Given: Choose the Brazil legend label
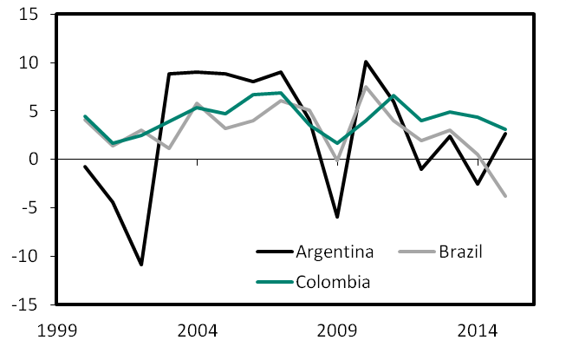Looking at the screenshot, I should (x=457, y=252).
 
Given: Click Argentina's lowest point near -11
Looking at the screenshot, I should (x=141, y=265).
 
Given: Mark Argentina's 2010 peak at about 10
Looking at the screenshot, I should (x=365, y=62).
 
